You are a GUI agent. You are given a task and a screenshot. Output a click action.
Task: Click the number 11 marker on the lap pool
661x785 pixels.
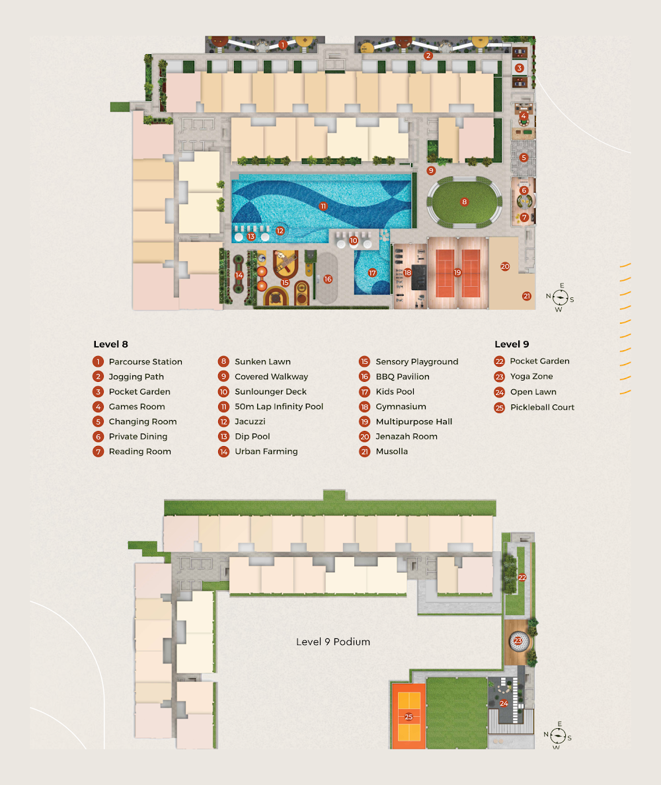pyautogui.click(x=323, y=206)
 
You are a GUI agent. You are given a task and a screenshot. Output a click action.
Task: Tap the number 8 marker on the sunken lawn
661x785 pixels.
pyautogui.click(x=464, y=202)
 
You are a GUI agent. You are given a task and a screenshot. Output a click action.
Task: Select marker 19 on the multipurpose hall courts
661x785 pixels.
pyautogui.click(x=457, y=272)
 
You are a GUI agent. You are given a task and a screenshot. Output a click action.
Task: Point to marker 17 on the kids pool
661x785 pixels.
pyautogui.click(x=372, y=273)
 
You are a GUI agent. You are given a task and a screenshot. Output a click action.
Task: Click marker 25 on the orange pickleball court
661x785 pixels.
pyautogui.click(x=408, y=717)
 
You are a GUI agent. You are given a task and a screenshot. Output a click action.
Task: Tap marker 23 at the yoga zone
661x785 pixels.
pyautogui.click(x=518, y=641)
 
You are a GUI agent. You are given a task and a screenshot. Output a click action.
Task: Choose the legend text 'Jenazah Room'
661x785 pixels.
pyautogui.click(x=407, y=437)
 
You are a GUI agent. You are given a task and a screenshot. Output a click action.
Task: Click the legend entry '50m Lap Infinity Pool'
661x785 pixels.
pyautogui.click(x=279, y=406)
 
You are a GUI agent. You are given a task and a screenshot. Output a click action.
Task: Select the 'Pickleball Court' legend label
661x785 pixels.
pyautogui.click(x=542, y=407)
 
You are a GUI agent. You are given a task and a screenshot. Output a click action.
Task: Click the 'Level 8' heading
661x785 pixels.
pyautogui.click(x=110, y=344)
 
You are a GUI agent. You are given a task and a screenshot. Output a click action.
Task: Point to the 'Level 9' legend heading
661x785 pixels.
pyautogui.click(x=512, y=344)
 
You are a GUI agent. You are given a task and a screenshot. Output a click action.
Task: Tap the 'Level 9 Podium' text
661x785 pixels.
pyautogui.click(x=333, y=642)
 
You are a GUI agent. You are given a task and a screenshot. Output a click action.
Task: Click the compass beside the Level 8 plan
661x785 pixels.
pyautogui.click(x=561, y=298)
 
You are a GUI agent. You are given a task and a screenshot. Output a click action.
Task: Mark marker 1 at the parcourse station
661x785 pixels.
pyautogui.click(x=283, y=45)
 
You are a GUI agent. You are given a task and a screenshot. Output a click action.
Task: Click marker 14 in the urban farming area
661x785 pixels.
pyautogui.click(x=239, y=275)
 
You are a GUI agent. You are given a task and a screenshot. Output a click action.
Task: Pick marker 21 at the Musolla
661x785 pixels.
pyautogui.click(x=526, y=296)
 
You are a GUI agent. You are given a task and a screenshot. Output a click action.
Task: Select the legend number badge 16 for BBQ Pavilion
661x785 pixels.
pyautogui.click(x=365, y=377)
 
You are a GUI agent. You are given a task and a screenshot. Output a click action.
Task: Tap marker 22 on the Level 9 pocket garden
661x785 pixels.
pyautogui.click(x=522, y=578)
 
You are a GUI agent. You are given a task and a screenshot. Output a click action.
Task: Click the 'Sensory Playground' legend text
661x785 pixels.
pyautogui.click(x=417, y=361)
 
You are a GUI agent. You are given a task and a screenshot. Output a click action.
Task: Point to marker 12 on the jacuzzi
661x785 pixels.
pyautogui.click(x=280, y=231)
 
